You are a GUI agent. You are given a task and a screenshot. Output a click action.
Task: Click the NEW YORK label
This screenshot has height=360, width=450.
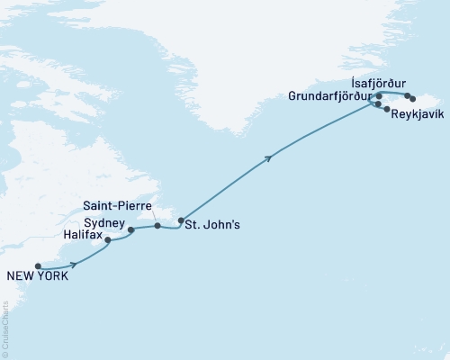(36, 277)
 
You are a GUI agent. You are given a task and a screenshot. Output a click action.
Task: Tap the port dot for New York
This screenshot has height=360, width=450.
(38, 265)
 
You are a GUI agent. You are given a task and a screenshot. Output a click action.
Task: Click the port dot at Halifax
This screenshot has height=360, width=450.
(108, 240)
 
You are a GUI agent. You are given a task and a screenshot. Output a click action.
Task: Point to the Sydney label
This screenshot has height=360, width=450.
(102, 220)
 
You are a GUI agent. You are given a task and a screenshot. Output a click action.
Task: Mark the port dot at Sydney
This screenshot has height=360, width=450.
(131, 229)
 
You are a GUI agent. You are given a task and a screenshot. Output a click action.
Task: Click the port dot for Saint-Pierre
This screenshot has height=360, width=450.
(157, 225)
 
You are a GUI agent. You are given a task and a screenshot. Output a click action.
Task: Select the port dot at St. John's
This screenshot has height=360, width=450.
(181, 220)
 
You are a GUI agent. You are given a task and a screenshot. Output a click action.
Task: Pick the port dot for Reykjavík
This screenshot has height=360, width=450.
(387, 110)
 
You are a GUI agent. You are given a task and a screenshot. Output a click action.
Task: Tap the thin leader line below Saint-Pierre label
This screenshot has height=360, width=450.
(154, 215)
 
